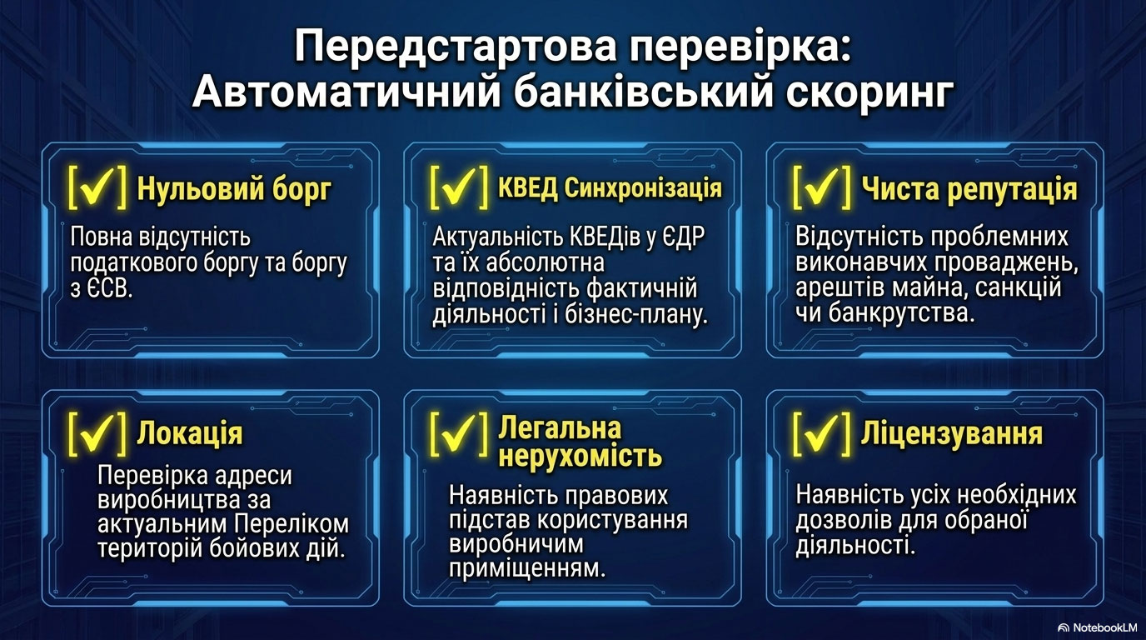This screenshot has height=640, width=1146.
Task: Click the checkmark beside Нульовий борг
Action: click(97, 187)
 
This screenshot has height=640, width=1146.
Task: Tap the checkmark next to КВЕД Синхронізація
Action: click(460, 187)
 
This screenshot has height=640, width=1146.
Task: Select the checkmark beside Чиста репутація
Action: click(822, 187)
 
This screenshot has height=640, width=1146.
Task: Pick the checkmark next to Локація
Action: click(97, 433)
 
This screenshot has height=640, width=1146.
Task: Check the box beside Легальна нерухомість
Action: click(460, 433)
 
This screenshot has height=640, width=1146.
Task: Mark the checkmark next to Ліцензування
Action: click(822, 433)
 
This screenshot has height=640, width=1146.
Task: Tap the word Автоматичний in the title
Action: click(346, 92)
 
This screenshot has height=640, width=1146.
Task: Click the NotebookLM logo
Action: click(1097, 627)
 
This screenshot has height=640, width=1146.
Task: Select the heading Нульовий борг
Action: click(234, 189)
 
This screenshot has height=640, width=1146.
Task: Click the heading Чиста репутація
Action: click(969, 189)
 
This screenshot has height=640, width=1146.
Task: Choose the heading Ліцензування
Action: click(952, 433)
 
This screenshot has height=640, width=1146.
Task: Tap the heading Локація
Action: click(190, 434)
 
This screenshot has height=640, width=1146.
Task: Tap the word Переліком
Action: click(291, 524)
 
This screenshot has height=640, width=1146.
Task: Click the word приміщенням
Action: click(527, 568)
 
